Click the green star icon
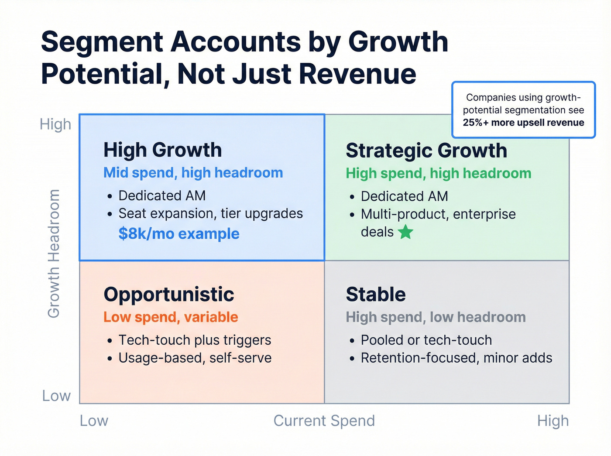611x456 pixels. pyautogui.click(x=405, y=232)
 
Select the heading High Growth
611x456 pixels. pyautogui.click(x=162, y=150)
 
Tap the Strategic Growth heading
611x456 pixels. pyautogui.click(x=426, y=151)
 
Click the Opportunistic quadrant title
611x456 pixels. pyautogui.click(x=168, y=295)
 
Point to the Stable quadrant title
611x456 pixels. pyautogui.click(x=376, y=295)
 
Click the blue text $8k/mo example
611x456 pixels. pyautogui.click(x=179, y=234)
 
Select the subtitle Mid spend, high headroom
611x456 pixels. pyautogui.click(x=193, y=173)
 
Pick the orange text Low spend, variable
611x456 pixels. pyautogui.click(x=171, y=317)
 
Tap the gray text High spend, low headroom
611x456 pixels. pyautogui.click(x=436, y=317)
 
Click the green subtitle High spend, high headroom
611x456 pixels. pyautogui.click(x=438, y=174)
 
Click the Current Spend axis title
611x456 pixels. pyautogui.click(x=324, y=421)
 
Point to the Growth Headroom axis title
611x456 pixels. pyautogui.click(x=53, y=254)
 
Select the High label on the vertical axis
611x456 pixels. pyautogui.click(x=55, y=124)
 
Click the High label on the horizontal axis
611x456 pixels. pyautogui.click(x=553, y=421)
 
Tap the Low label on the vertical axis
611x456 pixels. pyautogui.click(x=56, y=396)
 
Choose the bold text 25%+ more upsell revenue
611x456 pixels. pyautogui.click(x=523, y=123)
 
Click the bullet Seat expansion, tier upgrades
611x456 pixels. pyautogui.click(x=210, y=213)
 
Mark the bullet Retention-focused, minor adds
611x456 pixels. pyautogui.click(x=456, y=358)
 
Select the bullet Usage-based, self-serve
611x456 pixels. pyautogui.click(x=195, y=358)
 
